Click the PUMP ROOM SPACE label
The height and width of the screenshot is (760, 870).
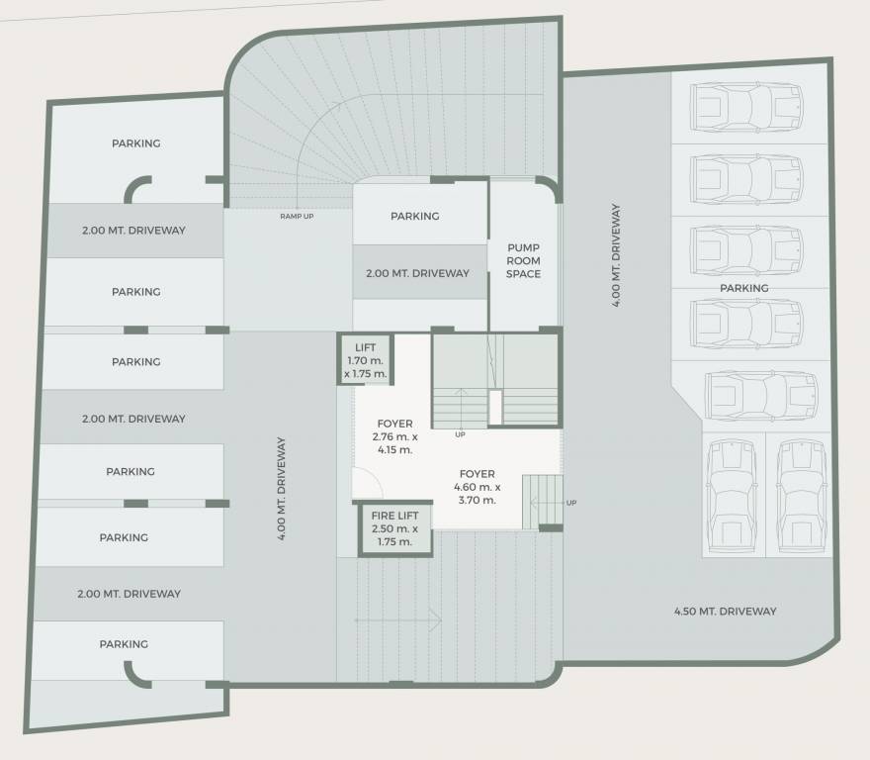[523, 260]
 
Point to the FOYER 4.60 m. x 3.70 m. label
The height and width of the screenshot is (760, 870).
[477, 487]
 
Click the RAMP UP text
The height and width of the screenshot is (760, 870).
[297, 216]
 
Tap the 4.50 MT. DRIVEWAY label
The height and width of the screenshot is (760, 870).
[725, 612]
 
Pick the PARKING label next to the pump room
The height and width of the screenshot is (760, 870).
[414, 216]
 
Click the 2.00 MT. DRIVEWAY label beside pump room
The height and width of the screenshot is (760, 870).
[417, 273]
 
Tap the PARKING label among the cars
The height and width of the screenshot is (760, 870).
[743, 288]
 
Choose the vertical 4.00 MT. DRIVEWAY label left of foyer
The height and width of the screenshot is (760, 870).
[283, 489]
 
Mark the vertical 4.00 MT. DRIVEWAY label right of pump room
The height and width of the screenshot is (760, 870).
[616, 255]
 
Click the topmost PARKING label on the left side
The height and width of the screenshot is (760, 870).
[135, 143]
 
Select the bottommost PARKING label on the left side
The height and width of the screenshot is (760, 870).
[124, 644]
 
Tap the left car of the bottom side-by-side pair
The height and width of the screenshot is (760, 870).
[730, 496]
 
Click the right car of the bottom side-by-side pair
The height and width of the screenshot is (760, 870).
[800, 496]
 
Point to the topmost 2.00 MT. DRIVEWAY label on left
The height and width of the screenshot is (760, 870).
[133, 231]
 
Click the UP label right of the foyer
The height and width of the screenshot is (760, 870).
[571, 503]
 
